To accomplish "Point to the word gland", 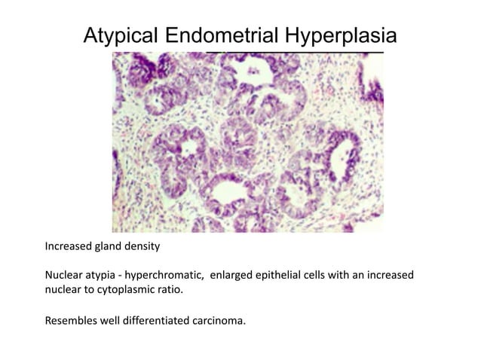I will pyautogui.click(x=116, y=246).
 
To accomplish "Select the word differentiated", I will pyautogui.click(x=161, y=321).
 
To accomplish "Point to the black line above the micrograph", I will pyautogui.click(x=294, y=53).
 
